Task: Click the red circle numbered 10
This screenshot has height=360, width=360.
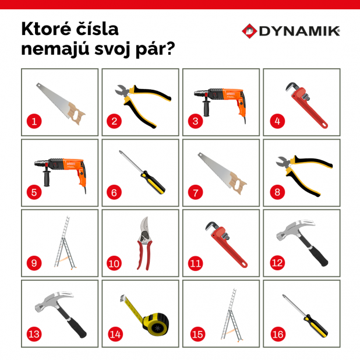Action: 114,263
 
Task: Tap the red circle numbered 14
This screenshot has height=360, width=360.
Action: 115,334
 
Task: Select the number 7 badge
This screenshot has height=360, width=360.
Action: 195,192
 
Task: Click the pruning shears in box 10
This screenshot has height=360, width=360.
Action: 144,243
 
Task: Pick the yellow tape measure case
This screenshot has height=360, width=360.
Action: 156,324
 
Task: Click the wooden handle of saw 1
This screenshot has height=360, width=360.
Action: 76,114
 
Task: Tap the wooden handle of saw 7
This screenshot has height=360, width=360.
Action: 238,183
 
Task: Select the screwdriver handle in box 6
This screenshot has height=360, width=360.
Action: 153,182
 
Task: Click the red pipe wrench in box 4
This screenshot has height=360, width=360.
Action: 307,105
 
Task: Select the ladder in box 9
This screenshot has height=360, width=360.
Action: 65,242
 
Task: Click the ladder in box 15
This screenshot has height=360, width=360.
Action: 232,315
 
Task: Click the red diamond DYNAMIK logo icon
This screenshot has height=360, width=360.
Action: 249,31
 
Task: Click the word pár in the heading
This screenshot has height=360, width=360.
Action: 156,49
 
